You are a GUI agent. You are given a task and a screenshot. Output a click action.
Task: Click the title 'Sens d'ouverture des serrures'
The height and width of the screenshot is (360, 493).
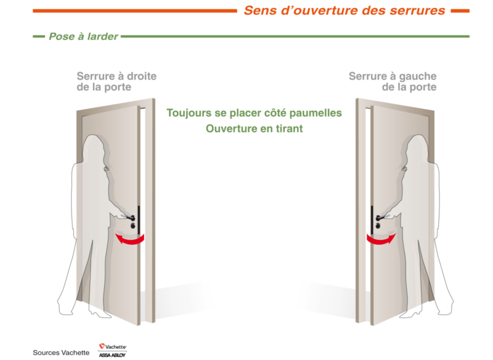tap(344, 10)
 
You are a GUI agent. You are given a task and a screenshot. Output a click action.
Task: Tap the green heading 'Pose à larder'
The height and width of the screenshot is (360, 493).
tap(83, 36)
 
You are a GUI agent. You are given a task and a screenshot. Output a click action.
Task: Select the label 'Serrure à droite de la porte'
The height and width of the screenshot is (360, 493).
tap(116, 81)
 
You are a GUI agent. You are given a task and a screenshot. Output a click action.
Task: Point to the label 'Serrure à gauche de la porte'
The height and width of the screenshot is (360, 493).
tap(393, 81)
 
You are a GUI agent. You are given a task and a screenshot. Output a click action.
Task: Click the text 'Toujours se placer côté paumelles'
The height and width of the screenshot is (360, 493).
tap(254, 113)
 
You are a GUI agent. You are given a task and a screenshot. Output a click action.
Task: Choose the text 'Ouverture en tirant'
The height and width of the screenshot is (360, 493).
tap(254, 129)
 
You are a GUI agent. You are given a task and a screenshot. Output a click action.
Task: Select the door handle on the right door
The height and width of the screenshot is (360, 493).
tap(380, 218)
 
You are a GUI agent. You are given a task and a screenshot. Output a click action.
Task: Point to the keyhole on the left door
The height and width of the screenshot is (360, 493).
tap(133, 225)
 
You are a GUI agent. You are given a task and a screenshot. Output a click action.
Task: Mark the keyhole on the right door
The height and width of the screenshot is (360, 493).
tap(378, 226)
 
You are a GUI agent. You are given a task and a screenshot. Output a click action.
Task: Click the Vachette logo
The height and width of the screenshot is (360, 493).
tap(113, 346)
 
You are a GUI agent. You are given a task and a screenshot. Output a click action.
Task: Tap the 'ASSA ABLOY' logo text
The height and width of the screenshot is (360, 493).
tap(112, 355)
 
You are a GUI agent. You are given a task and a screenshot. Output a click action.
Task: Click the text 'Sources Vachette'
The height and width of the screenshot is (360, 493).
tap(61, 353)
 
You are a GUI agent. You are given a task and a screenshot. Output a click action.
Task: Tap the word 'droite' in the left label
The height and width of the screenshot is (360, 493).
tap(142, 76)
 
